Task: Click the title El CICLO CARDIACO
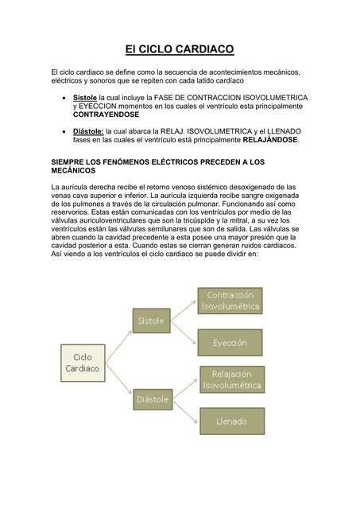(x=180, y=49)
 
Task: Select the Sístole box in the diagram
(x=149, y=322)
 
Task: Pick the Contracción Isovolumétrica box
(x=229, y=301)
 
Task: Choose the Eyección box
(x=229, y=342)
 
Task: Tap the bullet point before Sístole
(x=64, y=98)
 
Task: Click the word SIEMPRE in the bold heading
(x=69, y=161)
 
